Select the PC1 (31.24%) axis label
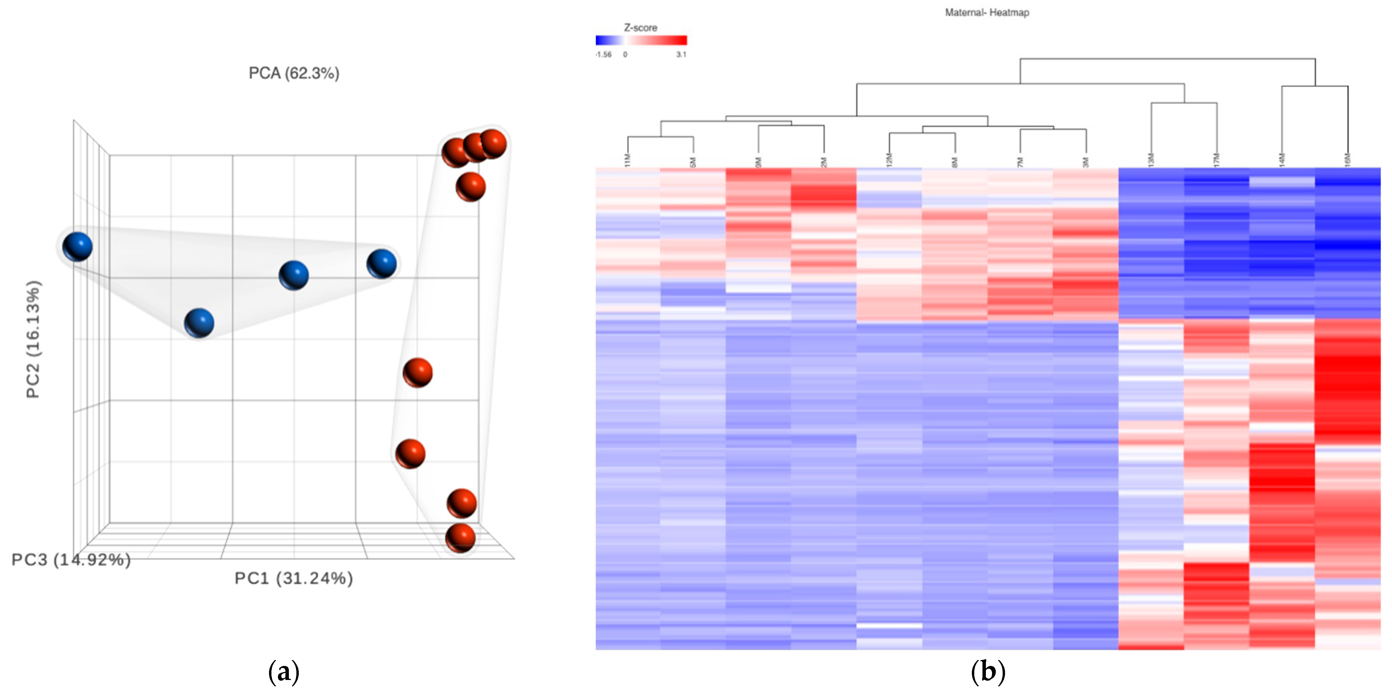(x=293, y=578)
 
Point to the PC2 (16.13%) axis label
(x=33, y=339)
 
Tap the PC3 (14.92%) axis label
(x=71, y=559)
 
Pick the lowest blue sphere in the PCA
(x=199, y=323)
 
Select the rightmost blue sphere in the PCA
(x=382, y=264)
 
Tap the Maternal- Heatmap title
(x=987, y=12)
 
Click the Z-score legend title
(x=640, y=28)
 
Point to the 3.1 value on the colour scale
(x=681, y=55)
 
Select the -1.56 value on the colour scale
(x=604, y=55)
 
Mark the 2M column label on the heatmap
(x=824, y=162)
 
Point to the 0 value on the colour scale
(x=625, y=55)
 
